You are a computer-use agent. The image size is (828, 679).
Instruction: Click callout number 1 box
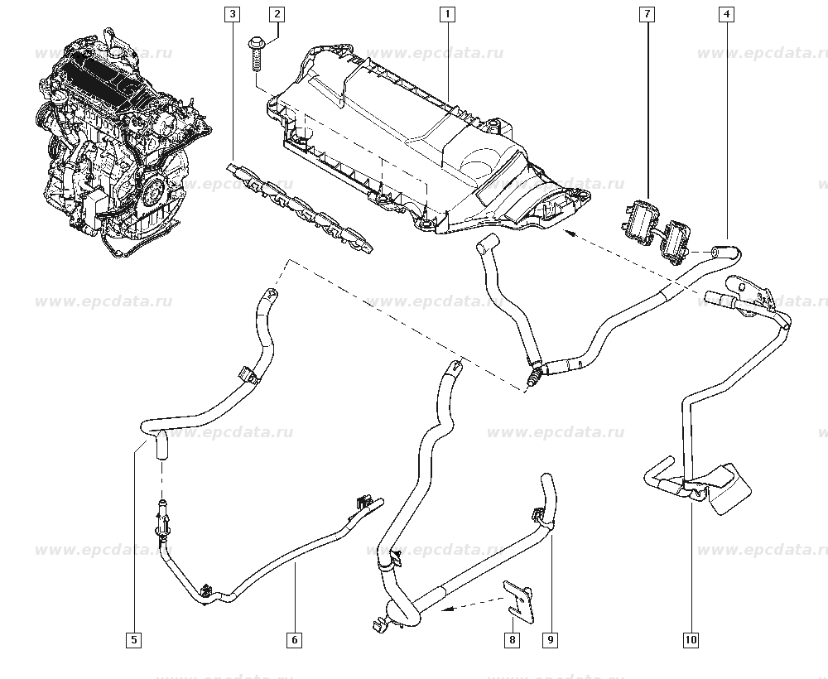[446, 14]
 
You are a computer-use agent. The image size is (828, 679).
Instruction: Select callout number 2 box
[277, 14]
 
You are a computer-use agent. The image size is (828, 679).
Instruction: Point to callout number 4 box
[725, 14]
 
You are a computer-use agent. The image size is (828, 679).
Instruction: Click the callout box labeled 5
[134, 639]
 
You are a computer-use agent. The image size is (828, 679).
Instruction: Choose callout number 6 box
[294, 639]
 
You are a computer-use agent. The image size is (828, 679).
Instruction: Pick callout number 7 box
[646, 14]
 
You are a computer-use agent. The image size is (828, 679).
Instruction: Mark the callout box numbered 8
[513, 639]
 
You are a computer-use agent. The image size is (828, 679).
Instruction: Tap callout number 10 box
[691, 639]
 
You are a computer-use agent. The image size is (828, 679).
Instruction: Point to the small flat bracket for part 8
[519, 599]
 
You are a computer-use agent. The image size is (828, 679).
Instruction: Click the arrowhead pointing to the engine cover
[570, 234]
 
